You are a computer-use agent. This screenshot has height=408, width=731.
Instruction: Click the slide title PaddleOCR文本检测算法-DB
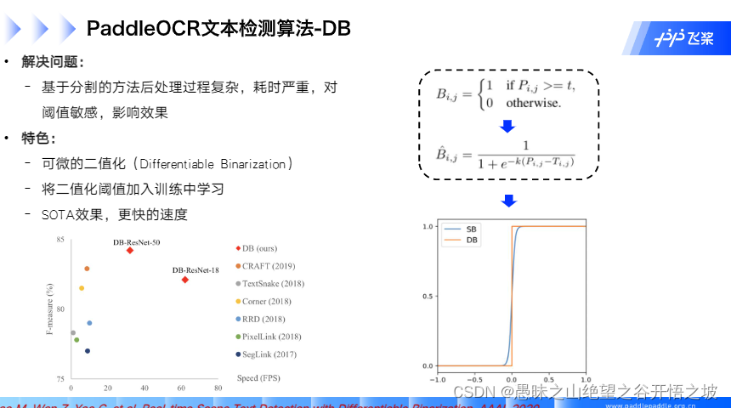point(218,29)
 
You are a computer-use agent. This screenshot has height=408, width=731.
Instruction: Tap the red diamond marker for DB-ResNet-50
point(130,250)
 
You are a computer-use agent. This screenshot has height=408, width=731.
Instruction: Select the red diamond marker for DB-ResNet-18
point(184,279)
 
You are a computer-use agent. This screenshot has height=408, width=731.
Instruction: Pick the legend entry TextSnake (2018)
point(272,284)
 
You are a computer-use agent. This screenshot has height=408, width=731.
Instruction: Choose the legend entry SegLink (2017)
point(269,354)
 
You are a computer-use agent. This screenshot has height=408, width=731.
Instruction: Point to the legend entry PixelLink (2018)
point(271,337)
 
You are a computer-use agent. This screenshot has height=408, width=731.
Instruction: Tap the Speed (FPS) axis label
point(258,377)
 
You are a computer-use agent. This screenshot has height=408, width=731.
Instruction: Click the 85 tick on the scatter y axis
point(59,241)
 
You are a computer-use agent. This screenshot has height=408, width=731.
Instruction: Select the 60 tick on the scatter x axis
point(180,388)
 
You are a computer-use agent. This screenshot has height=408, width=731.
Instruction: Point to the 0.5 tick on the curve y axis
point(428,296)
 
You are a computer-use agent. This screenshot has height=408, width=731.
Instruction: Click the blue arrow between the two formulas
point(507,127)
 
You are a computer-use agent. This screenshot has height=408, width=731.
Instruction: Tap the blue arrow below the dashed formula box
point(508,201)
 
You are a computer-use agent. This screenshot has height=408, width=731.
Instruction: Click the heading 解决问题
point(52,64)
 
